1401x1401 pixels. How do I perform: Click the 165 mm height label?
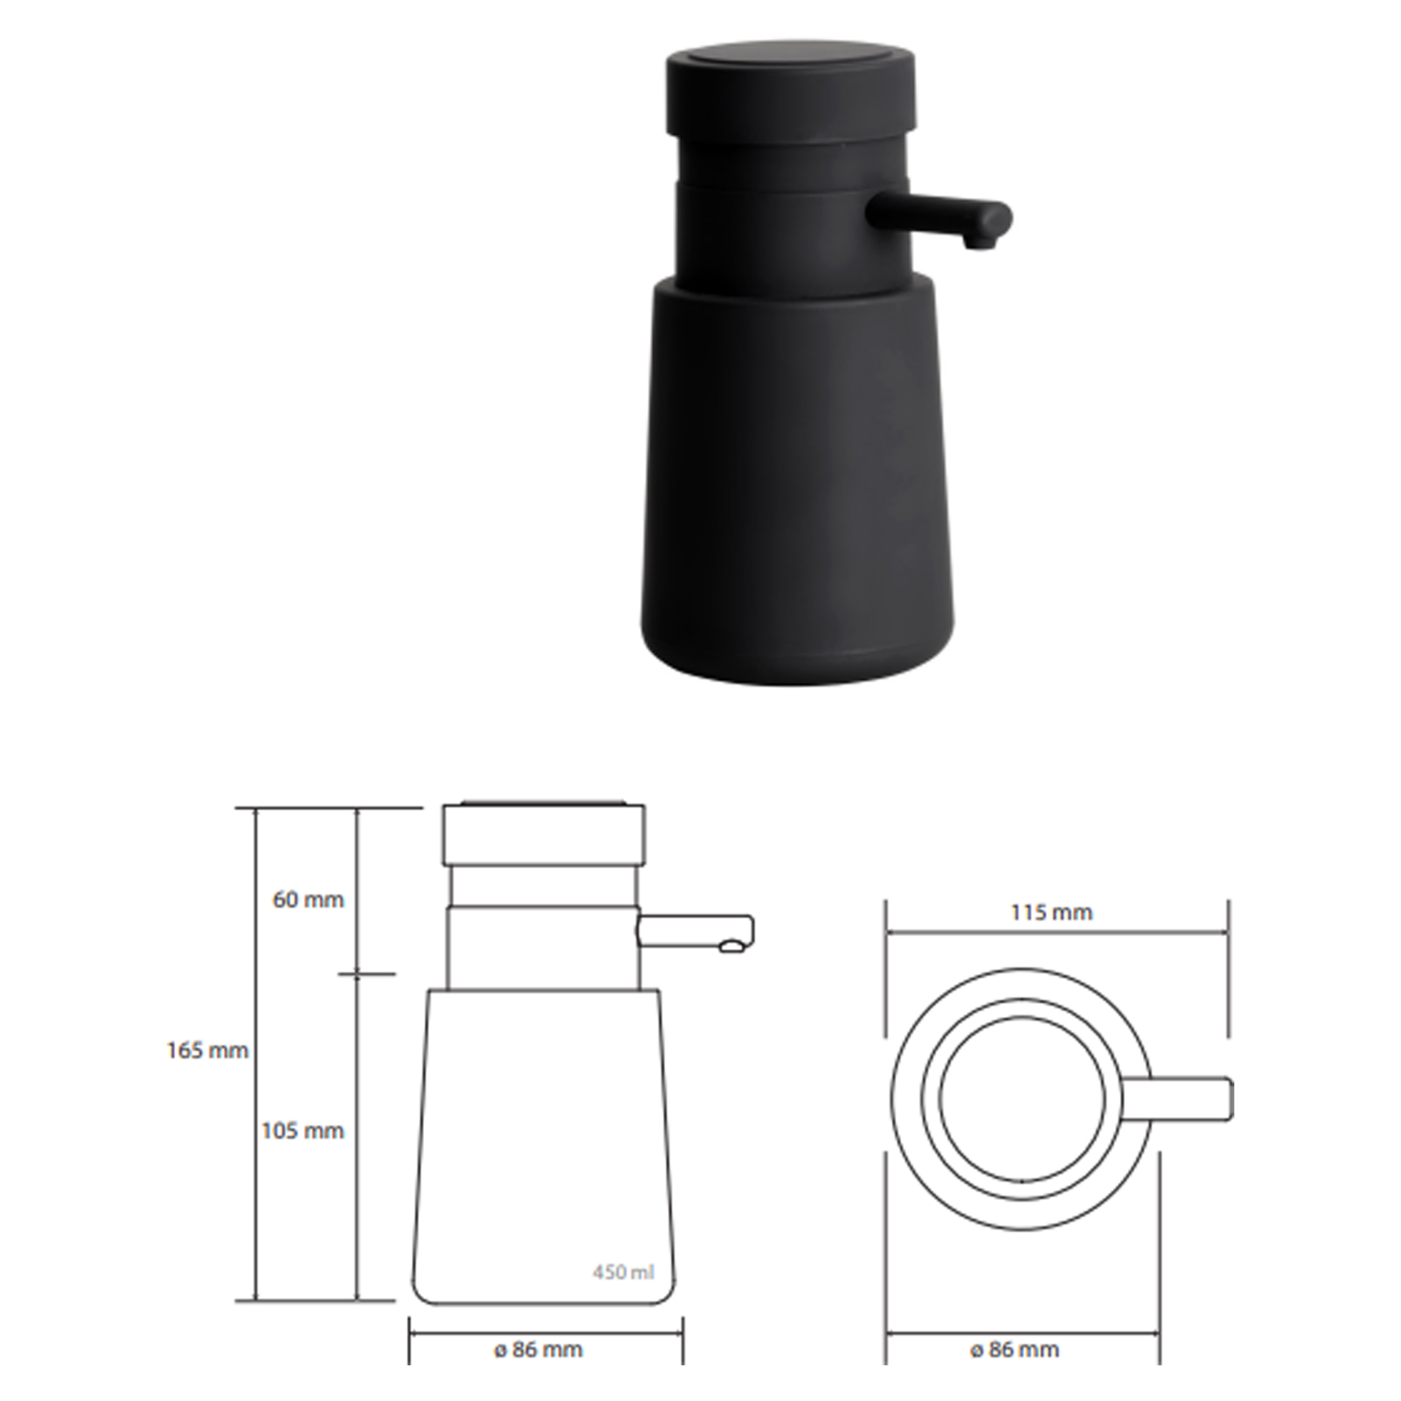(x=207, y=1051)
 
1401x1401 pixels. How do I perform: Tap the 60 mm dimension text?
(x=308, y=901)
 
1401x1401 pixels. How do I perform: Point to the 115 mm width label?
(x=1051, y=912)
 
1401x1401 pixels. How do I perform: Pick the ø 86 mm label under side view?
(x=538, y=1350)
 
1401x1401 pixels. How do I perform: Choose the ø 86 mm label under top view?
(x=1014, y=1350)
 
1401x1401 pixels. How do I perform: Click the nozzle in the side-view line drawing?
(x=696, y=932)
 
